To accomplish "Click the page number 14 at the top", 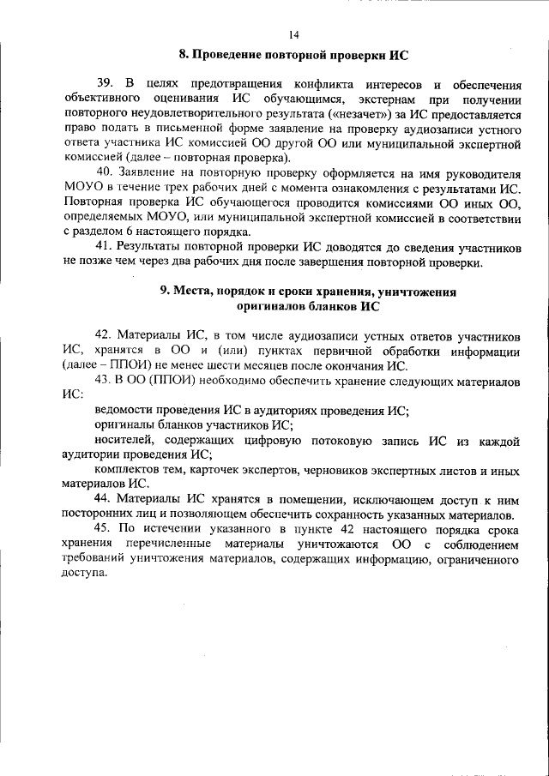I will click(x=294, y=34).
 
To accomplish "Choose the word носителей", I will click(x=124, y=441).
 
